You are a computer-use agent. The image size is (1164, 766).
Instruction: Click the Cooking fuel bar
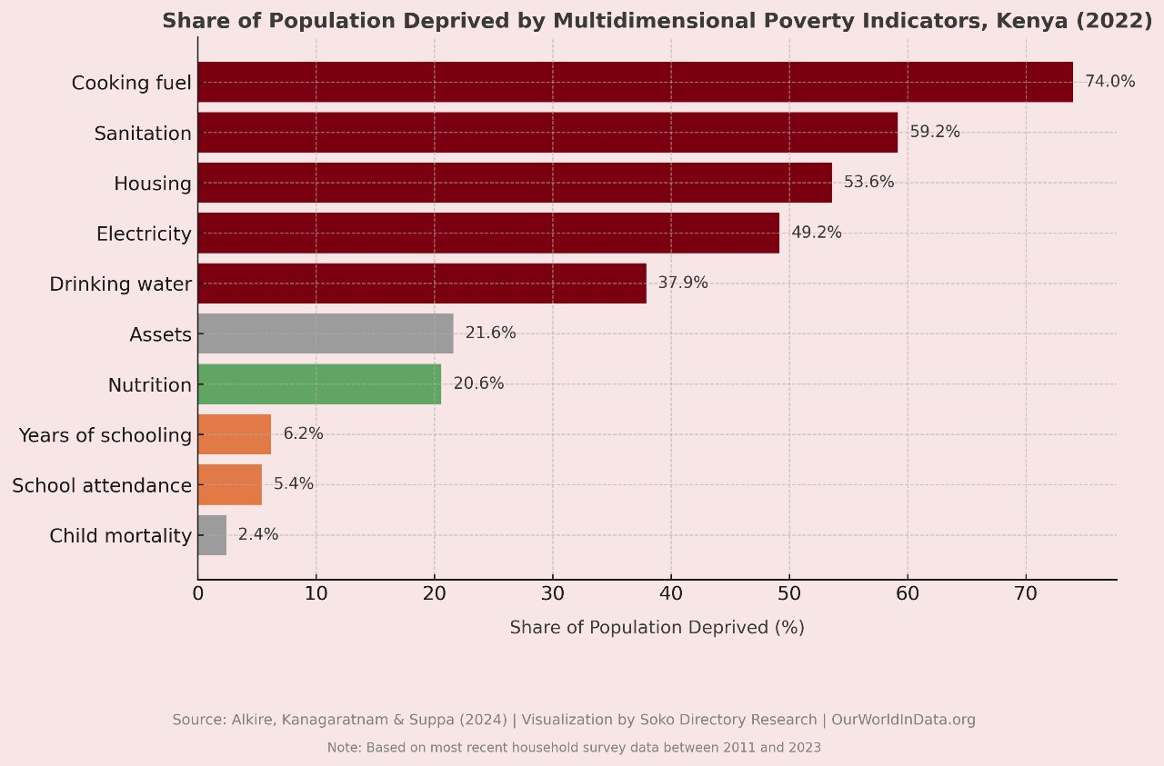click(x=635, y=82)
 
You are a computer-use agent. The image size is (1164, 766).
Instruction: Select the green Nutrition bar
click(x=319, y=384)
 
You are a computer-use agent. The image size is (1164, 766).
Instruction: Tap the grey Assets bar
click(x=326, y=333)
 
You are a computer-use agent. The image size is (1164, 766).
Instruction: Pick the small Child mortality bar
click(x=212, y=535)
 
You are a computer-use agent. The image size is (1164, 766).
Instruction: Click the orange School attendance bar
click(x=229, y=485)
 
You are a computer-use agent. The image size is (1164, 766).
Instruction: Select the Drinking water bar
click(x=422, y=284)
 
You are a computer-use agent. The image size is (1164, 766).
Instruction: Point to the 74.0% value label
click(x=1109, y=82)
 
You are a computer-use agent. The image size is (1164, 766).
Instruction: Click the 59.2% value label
click(x=935, y=133)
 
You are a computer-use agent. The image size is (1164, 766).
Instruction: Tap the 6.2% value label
click(x=303, y=434)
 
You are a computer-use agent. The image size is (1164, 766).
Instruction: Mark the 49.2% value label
click(x=816, y=233)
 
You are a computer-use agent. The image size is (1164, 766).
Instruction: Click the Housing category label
click(x=153, y=184)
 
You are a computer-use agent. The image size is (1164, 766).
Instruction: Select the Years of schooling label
click(x=105, y=435)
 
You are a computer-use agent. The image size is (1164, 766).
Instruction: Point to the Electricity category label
click(x=144, y=234)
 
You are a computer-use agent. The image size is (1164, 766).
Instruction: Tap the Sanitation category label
click(x=143, y=134)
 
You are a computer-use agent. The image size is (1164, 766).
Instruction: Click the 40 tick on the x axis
click(x=671, y=594)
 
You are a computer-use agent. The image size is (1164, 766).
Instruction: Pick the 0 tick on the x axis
click(x=198, y=594)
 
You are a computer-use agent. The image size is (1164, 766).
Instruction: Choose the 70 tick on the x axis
click(x=1026, y=594)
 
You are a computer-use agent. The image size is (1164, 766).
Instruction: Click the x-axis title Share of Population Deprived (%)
click(x=657, y=628)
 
